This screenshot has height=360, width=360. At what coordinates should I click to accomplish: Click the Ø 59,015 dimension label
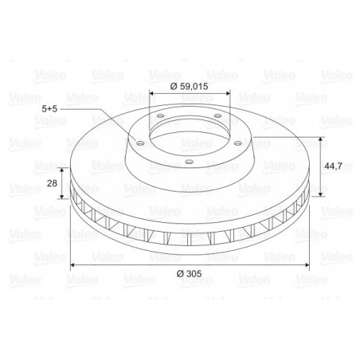tap(189, 86)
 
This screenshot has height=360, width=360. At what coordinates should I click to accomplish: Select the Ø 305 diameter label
tap(189, 273)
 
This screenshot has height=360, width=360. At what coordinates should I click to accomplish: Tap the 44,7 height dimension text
tap(333, 166)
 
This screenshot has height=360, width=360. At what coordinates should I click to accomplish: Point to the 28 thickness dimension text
tap(52, 183)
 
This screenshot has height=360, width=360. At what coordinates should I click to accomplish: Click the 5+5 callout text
tap(49, 108)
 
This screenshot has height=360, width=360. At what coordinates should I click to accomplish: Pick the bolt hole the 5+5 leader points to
tap(140, 143)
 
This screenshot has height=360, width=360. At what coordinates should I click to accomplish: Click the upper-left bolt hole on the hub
tap(160, 115)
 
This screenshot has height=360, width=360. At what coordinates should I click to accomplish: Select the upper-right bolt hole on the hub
tap(217, 115)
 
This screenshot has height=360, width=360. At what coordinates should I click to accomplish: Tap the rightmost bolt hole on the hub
tap(237, 143)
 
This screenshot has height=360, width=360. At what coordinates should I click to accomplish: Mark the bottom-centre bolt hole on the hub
tap(189, 161)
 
